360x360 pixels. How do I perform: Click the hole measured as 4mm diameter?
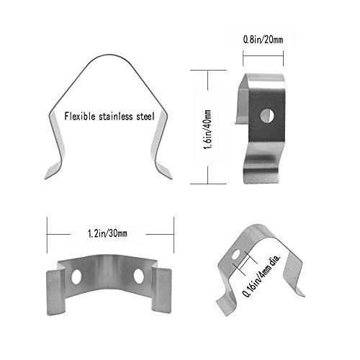240,253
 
